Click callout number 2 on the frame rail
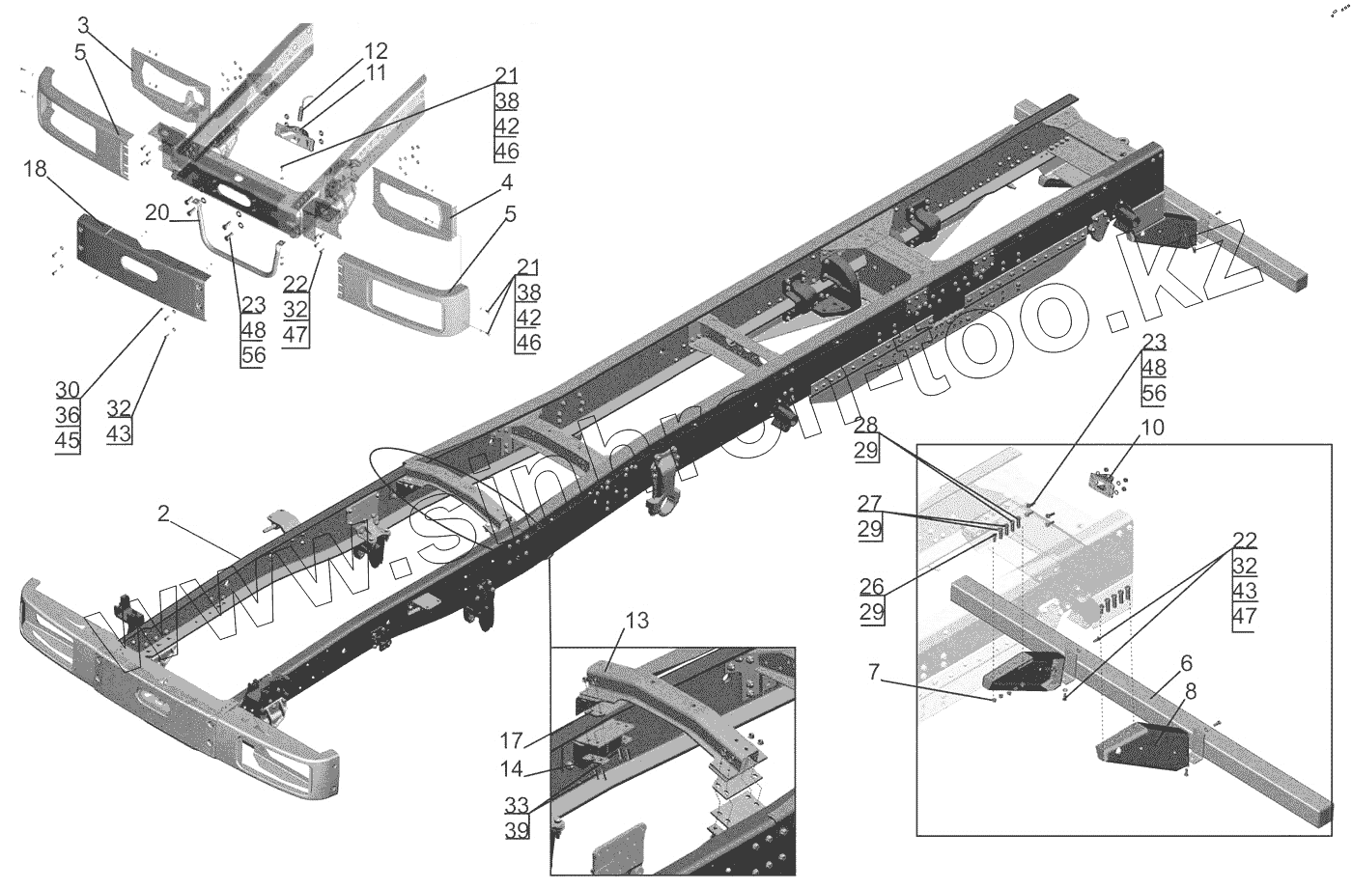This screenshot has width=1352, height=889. [x=164, y=515]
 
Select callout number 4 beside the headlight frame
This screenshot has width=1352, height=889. [x=506, y=181]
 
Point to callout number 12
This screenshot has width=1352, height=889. [x=376, y=50]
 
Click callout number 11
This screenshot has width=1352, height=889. [x=376, y=72]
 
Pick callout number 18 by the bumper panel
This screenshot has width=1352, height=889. [x=35, y=170]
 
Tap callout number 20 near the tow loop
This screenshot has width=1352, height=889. [x=156, y=212]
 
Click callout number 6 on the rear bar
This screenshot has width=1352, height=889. [x=1186, y=663]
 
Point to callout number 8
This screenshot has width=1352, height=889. [x=1190, y=691]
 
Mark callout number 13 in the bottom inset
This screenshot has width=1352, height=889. [x=636, y=622]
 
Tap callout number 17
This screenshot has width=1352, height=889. [x=511, y=741]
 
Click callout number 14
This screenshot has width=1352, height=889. [x=511, y=769]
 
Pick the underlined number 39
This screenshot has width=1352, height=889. [x=517, y=828]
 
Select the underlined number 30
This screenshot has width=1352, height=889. [x=68, y=390]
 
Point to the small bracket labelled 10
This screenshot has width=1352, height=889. [x=1103, y=480]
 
